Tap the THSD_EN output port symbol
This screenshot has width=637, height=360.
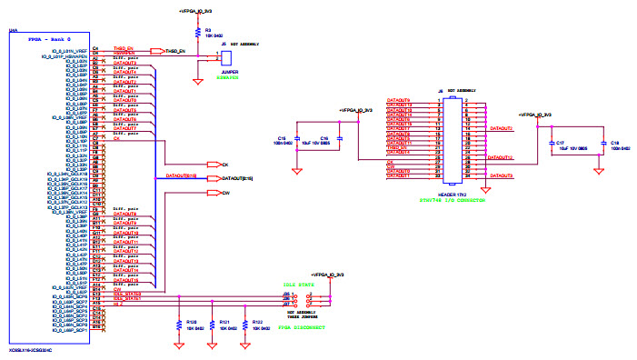click(155, 51)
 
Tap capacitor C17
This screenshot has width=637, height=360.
click(551, 143)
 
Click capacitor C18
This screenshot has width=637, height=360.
click(601, 143)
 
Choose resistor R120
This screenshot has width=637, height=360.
click(179, 324)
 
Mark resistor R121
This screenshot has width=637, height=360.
click(212, 324)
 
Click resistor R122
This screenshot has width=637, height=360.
click(244, 324)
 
